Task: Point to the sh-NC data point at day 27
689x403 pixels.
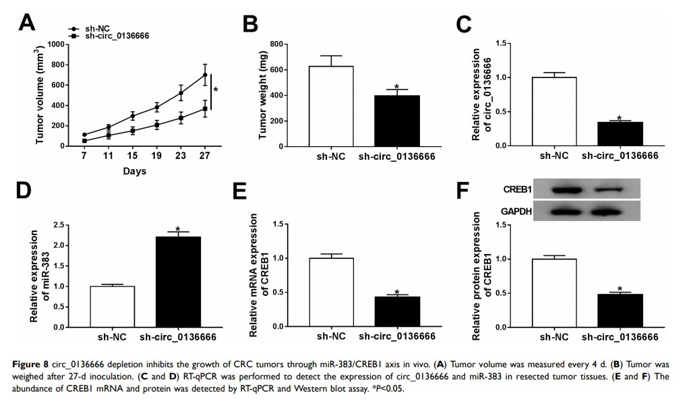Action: [x=205, y=74]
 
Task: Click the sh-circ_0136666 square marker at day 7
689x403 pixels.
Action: [x=84, y=141]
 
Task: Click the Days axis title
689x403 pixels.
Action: [x=134, y=171]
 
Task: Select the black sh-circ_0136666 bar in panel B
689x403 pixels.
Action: [x=397, y=121]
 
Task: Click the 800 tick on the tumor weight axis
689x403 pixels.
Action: [x=272, y=44]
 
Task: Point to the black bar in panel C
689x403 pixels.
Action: [x=620, y=133]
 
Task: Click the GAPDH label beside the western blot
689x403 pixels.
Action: [x=516, y=212]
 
